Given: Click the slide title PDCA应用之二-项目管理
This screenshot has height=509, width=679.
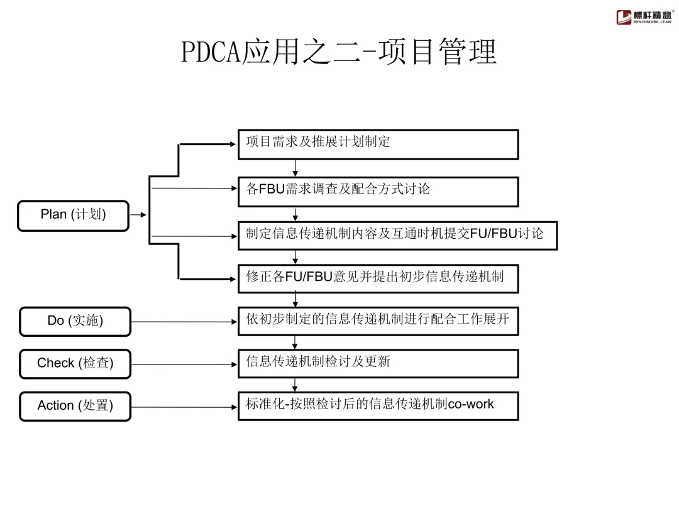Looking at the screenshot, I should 339,52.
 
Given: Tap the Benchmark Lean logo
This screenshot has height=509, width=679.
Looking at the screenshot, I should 644,17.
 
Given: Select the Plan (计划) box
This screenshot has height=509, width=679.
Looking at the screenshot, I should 74,215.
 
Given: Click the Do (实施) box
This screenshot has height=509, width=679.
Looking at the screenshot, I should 75,321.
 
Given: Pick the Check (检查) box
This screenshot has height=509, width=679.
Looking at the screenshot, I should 75,363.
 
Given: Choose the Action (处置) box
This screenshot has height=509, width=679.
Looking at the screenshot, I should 75,406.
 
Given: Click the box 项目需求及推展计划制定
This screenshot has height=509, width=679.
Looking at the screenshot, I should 378,144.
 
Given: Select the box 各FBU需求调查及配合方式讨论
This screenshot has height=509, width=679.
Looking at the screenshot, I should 378,191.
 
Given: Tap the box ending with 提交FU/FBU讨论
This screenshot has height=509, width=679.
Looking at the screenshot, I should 397,235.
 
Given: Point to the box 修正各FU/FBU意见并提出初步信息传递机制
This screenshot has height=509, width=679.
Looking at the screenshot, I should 378,278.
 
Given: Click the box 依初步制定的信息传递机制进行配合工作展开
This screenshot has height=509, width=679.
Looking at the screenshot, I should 378,320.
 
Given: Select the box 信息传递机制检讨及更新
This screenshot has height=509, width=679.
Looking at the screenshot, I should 378,363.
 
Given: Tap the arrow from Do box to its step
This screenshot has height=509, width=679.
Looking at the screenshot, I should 184,321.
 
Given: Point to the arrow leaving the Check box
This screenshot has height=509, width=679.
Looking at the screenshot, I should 184,364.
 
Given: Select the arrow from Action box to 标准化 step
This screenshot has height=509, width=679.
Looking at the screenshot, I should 184,407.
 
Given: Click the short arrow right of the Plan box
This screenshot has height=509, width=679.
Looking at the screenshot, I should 138,215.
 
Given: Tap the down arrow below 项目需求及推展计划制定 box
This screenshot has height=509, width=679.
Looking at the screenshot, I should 295,168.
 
